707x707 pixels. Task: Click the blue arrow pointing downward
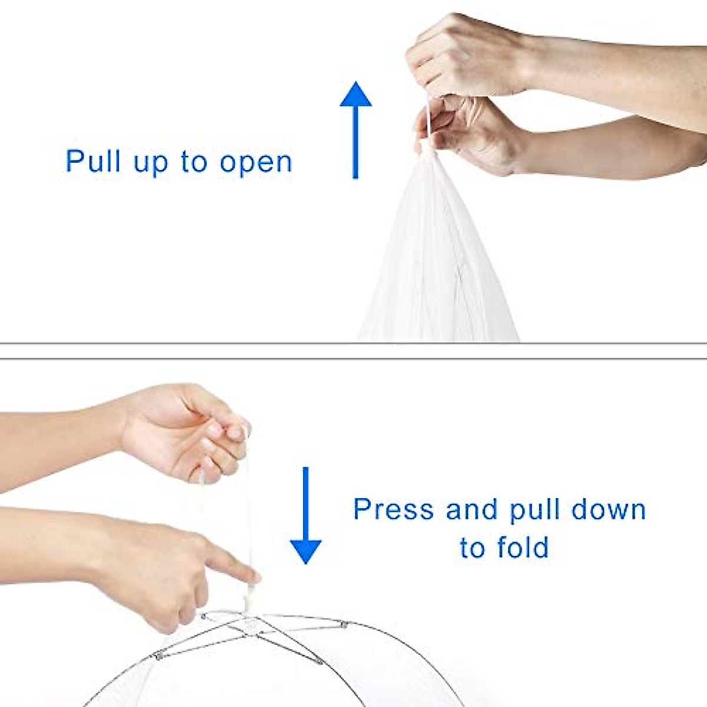click(305, 516)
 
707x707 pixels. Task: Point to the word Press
click(393, 509)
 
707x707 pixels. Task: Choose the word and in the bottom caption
click(471, 509)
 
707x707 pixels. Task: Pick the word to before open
click(194, 162)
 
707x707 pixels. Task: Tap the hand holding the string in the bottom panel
click(189, 430)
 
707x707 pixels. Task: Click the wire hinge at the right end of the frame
click(344, 623)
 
